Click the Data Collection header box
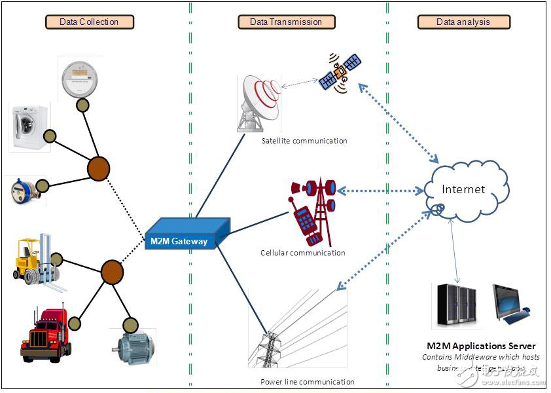[x=90, y=22]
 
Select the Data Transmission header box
[x=286, y=22]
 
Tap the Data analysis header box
[x=463, y=22]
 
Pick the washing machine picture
[x=29, y=128]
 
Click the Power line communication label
[x=307, y=381]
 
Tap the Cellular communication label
[x=302, y=252]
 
